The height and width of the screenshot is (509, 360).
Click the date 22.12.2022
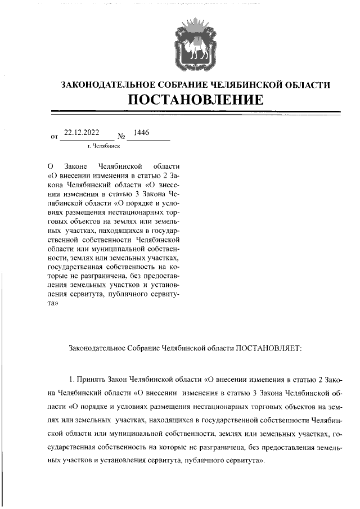pyautogui.click(x=82, y=133)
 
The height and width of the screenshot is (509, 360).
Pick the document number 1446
pyautogui.click(x=138, y=133)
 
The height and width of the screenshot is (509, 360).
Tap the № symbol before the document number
pyautogui.click(x=121, y=136)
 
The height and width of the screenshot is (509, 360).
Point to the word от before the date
pyautogui.click(x=55, y=137)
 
